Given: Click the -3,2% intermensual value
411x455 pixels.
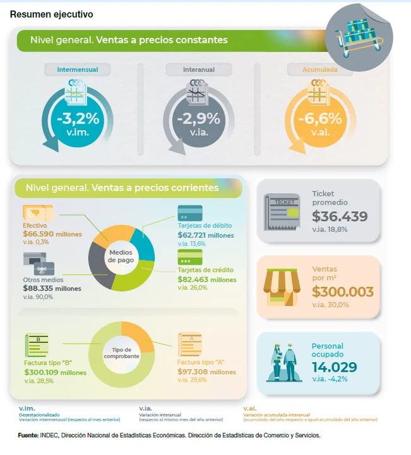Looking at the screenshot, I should click(x=78, y=118).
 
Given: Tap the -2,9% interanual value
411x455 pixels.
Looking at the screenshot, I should click(x=198, y=118).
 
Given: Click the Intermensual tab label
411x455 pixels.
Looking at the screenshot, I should click(x=78, y=69).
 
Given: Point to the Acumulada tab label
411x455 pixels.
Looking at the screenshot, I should click(x=320, y=69).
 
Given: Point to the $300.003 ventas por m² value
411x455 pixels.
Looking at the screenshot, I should click(x=343, y=292).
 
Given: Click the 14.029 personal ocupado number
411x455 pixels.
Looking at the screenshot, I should click(x=334, y=367).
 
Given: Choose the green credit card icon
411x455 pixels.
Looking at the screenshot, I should click(x=189, y=257).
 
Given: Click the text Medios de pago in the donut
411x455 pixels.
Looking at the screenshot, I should click(x=121, y=256).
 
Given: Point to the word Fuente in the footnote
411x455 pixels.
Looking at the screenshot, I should click(x=28, y=435).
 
